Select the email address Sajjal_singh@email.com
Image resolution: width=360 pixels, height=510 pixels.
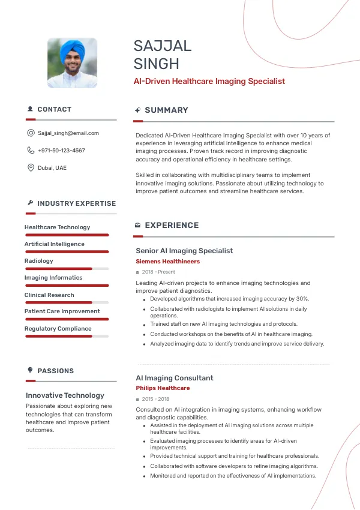(x=68, y=133)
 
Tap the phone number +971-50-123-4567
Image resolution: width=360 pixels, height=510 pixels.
(x=61, y=151)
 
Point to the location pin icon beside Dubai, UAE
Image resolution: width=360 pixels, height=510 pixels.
(x=31, y=167)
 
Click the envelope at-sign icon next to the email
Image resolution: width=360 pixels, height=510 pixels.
(x=31, y=133)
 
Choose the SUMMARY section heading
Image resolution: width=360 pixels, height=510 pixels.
(x=166, y=110)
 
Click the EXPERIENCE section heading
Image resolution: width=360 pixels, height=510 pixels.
(x=172, y=226)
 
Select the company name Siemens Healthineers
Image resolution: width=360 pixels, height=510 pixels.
(x=168, y=262)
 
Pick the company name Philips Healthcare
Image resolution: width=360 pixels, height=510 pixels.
(x=163, y=388)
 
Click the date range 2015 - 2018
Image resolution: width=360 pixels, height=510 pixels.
(x=155, y=399)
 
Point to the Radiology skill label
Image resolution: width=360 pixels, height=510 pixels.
(x=39, y=261)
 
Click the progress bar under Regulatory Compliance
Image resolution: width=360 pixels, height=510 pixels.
(x=67, y=336)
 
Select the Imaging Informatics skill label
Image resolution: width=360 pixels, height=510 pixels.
(x=53, y=278)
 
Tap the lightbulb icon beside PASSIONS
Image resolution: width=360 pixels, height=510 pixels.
(x=30, y=370)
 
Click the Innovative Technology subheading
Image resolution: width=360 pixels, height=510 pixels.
(x=65, y=395)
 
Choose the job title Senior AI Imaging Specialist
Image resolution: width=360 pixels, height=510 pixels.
(x=184, y=251)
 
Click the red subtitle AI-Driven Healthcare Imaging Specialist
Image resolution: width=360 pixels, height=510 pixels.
(x=209, y=81)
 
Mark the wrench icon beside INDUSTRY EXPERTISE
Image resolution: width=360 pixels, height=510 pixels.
(x=30, y=203)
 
